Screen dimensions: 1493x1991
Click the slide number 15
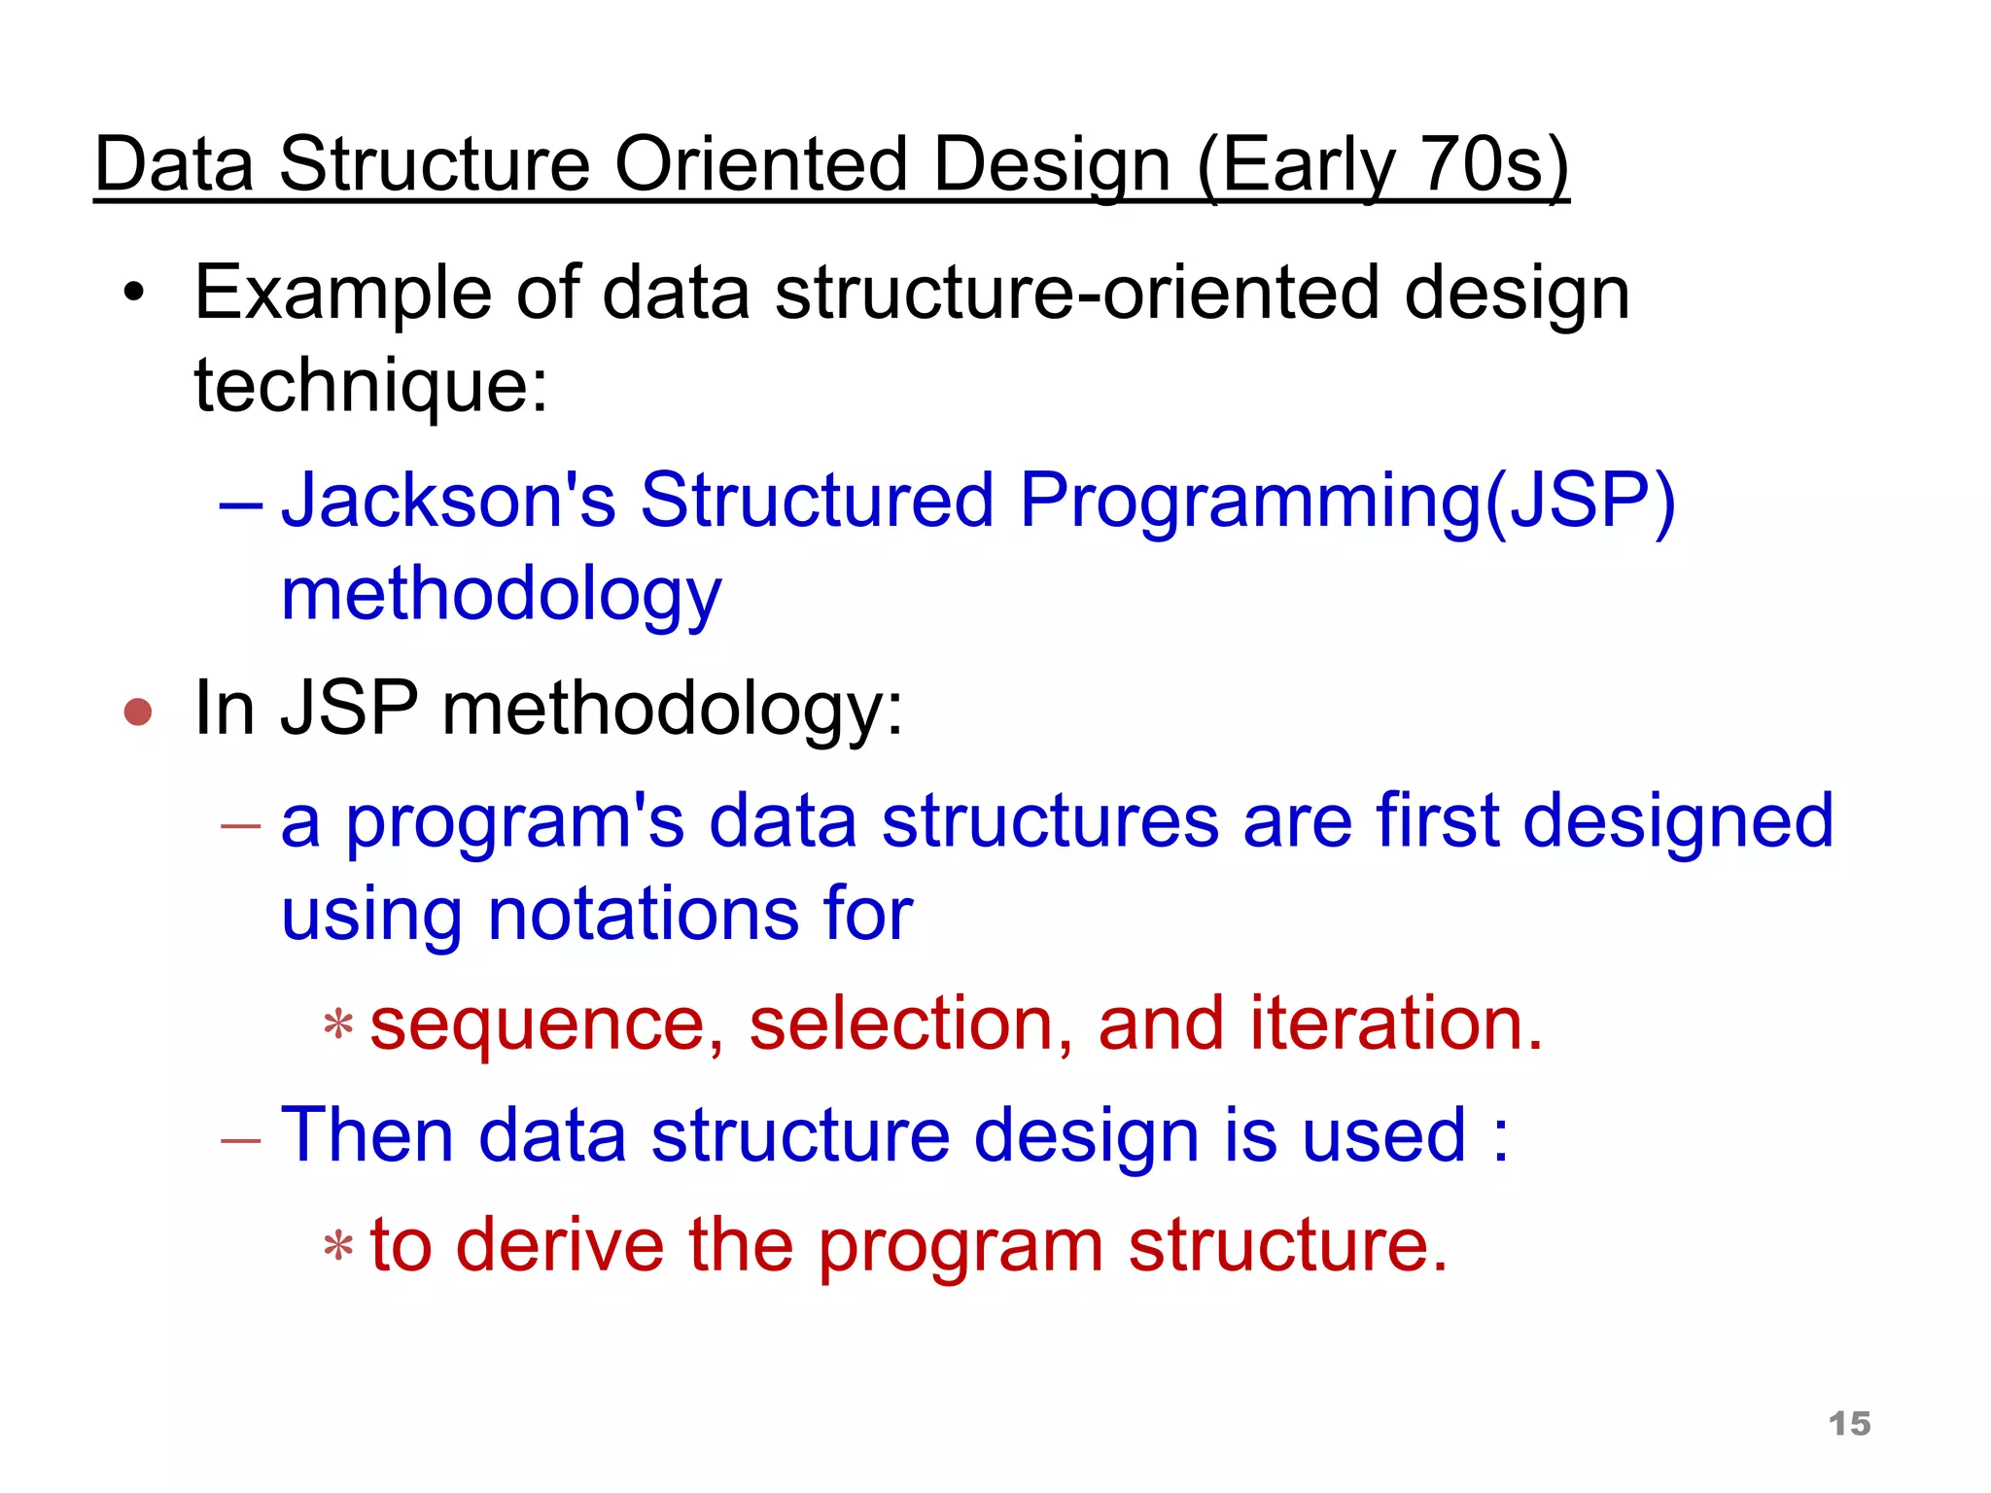pyautogui.click(x=1849, y=1423)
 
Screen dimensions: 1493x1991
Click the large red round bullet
pyautogui.click(x=138, y=712)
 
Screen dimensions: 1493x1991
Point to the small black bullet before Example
pyautogui.click(x=133, y=292)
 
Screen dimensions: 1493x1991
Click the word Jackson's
pyautogui.click(x=448, y=500)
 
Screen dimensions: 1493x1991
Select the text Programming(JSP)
pyautogui.click(x=1347, y=500)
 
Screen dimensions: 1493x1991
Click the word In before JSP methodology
pyautogui.click(x=225, y=708)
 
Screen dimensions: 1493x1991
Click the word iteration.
pyautogui.click(x=1396, y=1024)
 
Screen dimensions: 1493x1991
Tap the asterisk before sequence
pyautogui.click(x=337, y=1025)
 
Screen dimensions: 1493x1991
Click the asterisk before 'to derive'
pyautogui.click(x=337, y=1245)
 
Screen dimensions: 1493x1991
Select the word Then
pyautogui.click(x=367, y=1134)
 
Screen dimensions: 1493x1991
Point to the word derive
pyautogui.click(x=559, y=1245)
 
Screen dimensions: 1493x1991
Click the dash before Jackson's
pyautogui.click(x=240, y=505)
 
